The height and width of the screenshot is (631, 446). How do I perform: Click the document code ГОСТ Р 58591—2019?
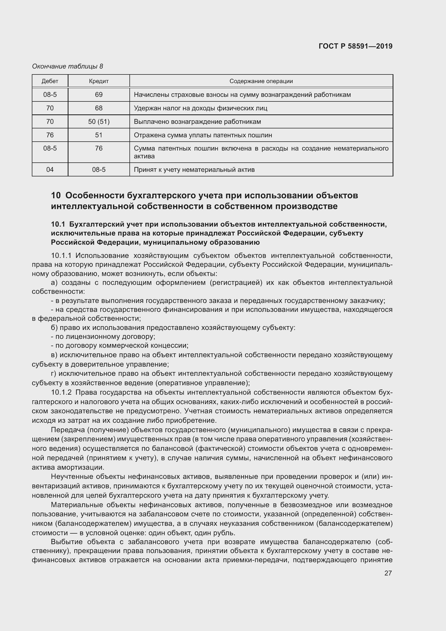[355, 46]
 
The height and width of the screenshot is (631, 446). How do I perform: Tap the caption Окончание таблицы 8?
[68, 66]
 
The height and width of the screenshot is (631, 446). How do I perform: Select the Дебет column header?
[50, 81]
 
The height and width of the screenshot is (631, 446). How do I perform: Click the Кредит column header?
[99, 81]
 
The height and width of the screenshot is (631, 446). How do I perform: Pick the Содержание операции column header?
[261, 81]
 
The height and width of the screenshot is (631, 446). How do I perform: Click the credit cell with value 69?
[99, 94]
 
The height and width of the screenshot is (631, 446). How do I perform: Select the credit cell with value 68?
[99, 108]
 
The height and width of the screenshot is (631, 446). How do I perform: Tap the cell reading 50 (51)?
[99, 121]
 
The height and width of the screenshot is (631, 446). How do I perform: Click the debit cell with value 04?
[50, 170]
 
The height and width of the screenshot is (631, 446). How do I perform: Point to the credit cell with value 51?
[99, 135]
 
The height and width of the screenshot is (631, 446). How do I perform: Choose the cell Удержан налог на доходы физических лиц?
[200, 108]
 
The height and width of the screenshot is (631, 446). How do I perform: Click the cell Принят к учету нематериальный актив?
[194, 170]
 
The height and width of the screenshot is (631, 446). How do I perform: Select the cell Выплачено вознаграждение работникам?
[197, 121]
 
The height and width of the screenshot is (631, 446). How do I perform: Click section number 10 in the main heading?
[56, 195]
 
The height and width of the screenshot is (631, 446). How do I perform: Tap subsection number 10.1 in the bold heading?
[58, 224]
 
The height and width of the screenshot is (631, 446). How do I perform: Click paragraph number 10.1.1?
[61, 255]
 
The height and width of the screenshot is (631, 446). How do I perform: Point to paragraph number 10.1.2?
[61, 392]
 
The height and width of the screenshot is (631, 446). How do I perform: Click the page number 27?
[388, 573]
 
